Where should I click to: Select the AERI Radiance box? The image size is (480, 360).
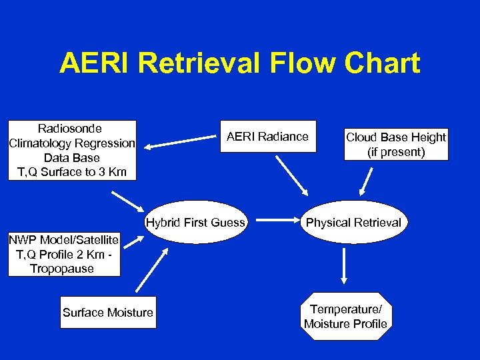[x=267, y=137]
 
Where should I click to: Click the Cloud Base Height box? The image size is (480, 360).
[x=396, y=144]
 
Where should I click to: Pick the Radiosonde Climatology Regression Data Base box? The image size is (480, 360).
[x=72, y=150]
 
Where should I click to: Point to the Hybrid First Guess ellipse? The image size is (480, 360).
[x=195, y=223]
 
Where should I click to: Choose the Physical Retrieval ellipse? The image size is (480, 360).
[x=353, y=223]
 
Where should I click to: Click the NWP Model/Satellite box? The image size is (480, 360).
[x=64, y=254]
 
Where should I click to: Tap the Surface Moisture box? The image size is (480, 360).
[x=107, y=313]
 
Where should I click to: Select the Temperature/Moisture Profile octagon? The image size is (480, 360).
[x=345, y=317]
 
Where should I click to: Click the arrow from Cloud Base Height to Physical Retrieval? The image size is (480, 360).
[x=366, y=180]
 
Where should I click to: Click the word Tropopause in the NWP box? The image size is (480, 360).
[x=62, y=269]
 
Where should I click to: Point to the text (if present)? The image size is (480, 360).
[x=396, y=152]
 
